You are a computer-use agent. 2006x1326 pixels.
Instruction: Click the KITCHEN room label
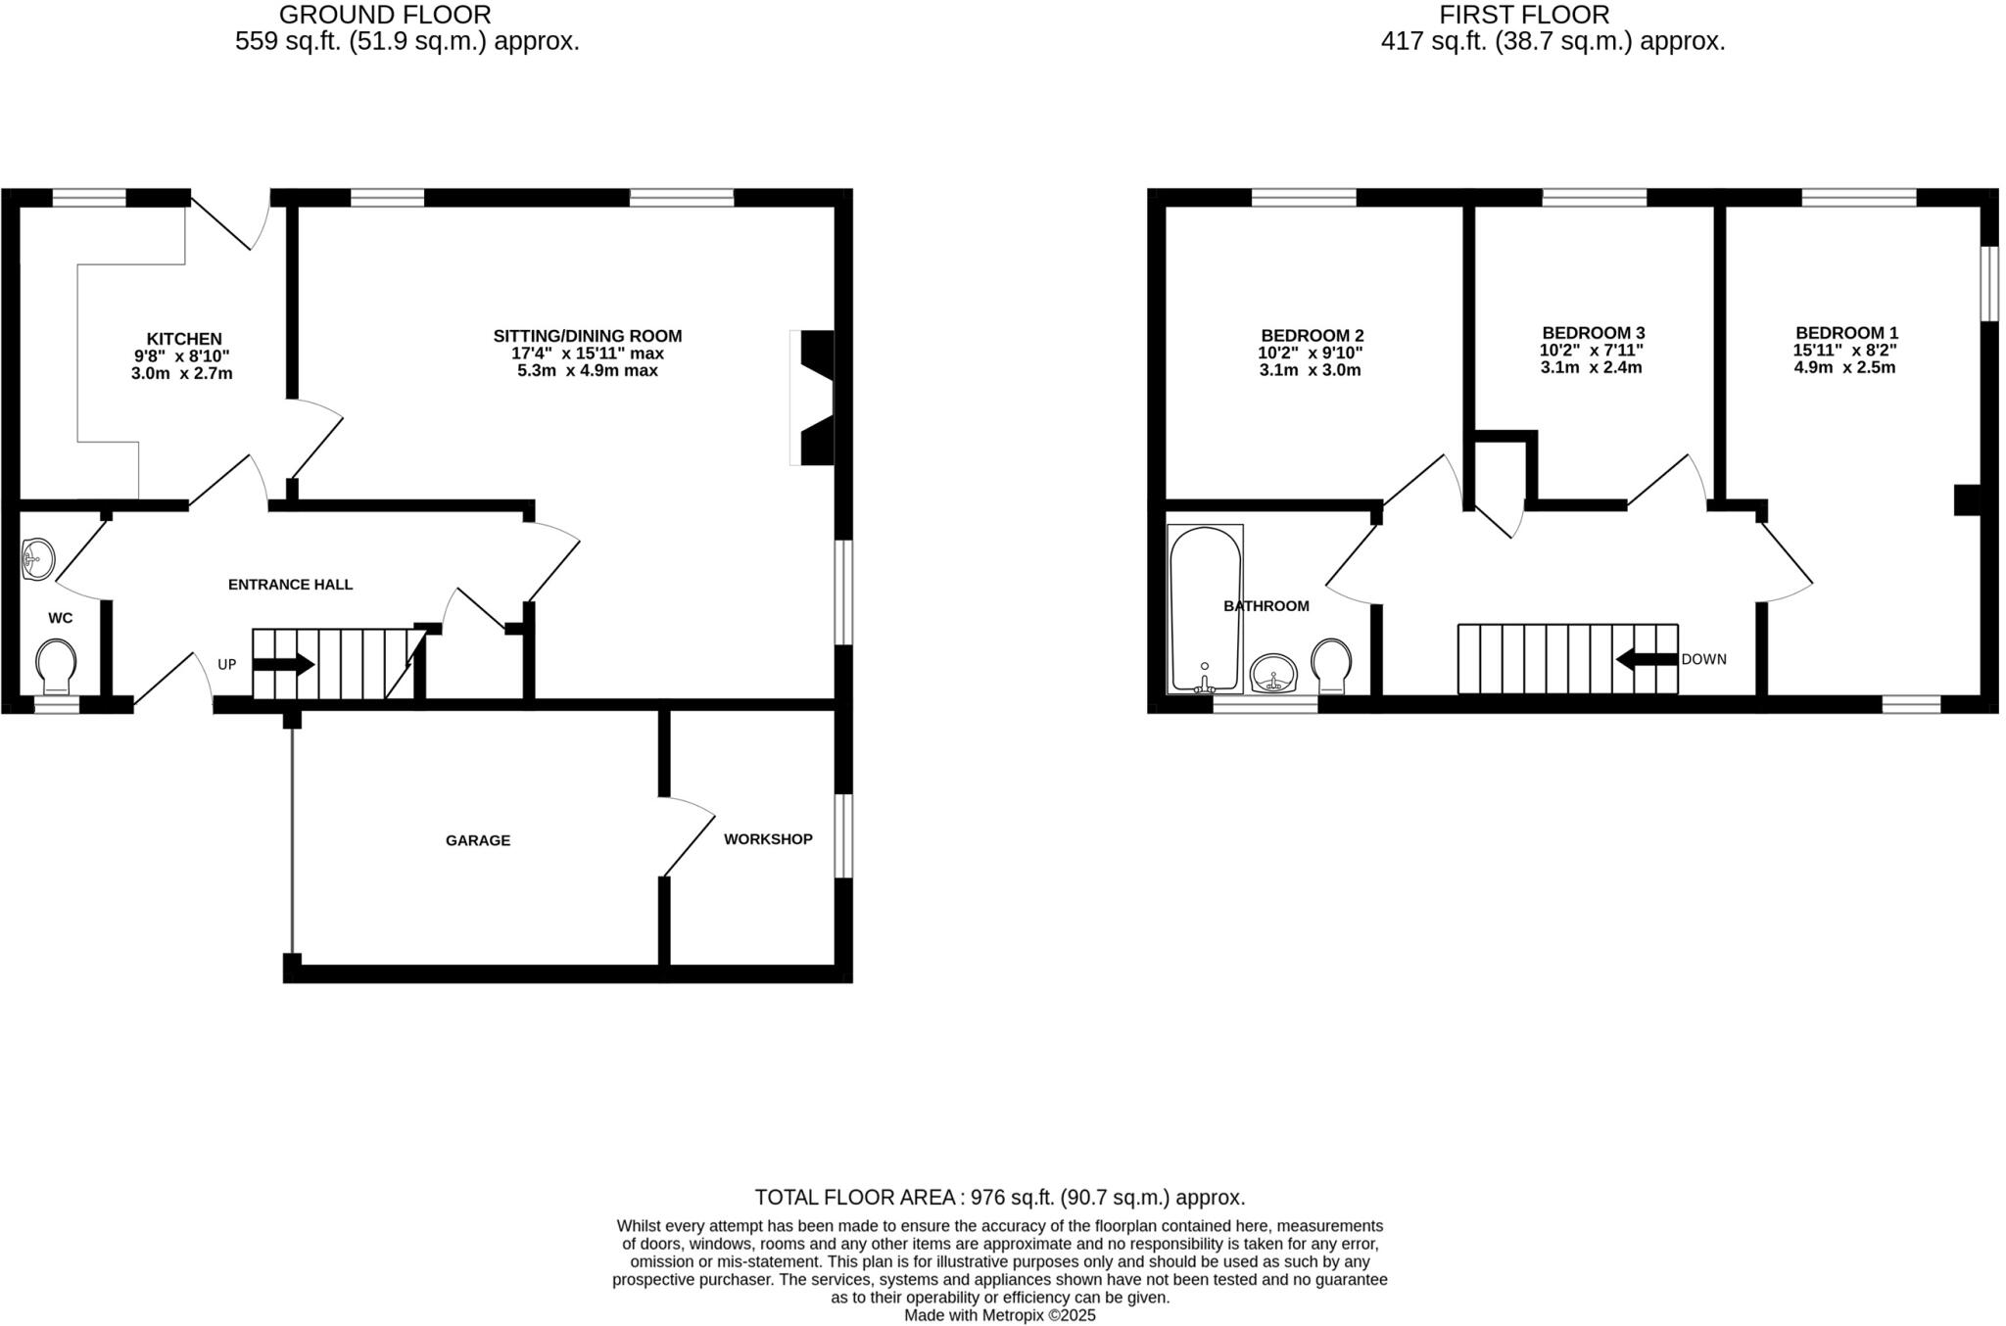pyautogui.click(x=184, y=339)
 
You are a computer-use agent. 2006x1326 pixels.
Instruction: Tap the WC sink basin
pyautogui.click(x=37, y=559)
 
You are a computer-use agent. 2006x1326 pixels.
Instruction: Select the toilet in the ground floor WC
pyautogui.click(x=56, y=666)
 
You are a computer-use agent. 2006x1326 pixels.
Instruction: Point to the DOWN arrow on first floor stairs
pyautogui.click(x=1647, y=660)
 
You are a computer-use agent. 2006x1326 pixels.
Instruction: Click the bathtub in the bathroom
pyautogui.click(x=1205, y=608)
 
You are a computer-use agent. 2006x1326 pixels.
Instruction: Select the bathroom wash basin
pyautogui.click(x=1273, y=674)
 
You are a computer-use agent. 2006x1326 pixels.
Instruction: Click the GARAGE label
pyautogui.click(x=478, y=840)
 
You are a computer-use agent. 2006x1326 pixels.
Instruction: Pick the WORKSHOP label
pyautogui.click(x=768, y=839)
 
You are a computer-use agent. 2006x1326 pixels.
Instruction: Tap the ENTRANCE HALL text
pyautogui.click(x=290, y=585)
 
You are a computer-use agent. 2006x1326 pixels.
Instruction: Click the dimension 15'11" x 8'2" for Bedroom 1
pyautogui.click(x=1844, y=351)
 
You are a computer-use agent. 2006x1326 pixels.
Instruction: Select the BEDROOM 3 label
pyautogui.click(x=1593, y=333)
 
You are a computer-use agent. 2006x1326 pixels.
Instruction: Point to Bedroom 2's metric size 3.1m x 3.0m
pyautogui.click(x=1310, y=370)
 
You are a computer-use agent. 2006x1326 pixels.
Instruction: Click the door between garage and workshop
pyautogui.click(x=690, y=836)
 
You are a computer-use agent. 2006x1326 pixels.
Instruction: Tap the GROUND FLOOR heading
pyautogui.click(x=385, y=15)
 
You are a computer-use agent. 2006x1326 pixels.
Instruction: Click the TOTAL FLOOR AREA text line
pyautogui.click(x=999, y=1197)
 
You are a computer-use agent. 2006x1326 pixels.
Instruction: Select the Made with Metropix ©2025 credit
pyautogui.click(x=999, y=1315)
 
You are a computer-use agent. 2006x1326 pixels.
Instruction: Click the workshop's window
pyautogui.click(x=843, y=835)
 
